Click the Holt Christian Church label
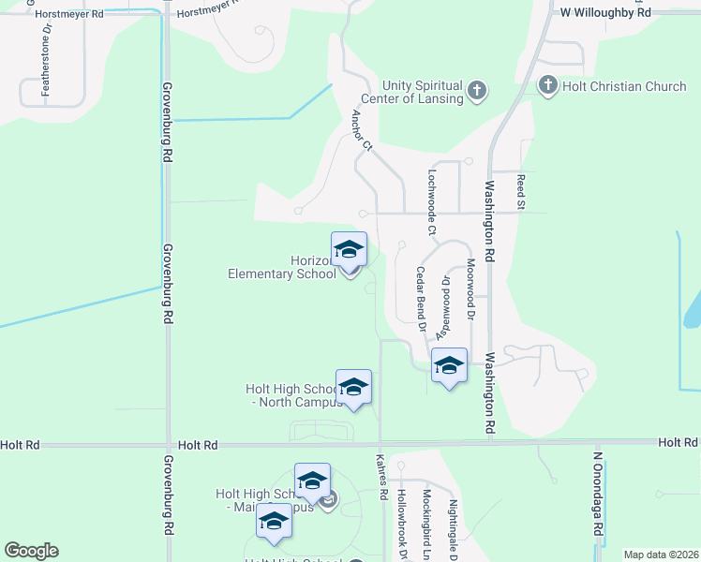(625, 86)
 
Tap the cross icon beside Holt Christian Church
(548, 86)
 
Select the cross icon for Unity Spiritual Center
(477, 91)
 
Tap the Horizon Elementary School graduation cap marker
(350, 249)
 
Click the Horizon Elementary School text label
(282, 267)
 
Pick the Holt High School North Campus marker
(353, 387)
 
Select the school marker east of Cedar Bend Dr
(449, 365)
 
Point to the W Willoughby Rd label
(604, 13)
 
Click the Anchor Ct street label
(362, 131)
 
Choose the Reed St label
(520, 190)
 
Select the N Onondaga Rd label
(596, 494)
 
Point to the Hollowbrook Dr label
(401, 525)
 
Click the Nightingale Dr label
(453, 528)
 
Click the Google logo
(31, 551)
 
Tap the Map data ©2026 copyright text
(660, 555)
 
